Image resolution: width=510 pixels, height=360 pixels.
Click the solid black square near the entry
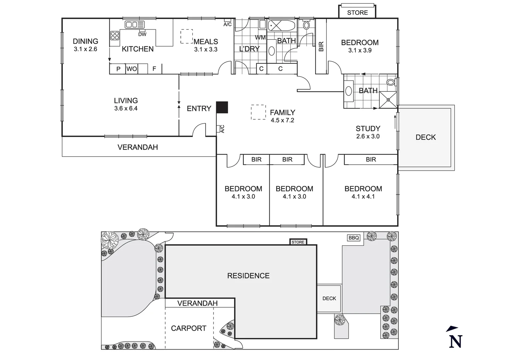point(222,107)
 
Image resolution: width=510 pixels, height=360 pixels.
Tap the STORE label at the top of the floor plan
point(357,13)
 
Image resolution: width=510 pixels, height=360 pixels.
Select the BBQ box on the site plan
point(354,238)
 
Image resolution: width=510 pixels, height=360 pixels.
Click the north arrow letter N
point(455,341)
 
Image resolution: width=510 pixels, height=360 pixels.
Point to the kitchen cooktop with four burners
point(115,35)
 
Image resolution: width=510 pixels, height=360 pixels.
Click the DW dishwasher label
point(142,34)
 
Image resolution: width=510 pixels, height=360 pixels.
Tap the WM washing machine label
point(260,37)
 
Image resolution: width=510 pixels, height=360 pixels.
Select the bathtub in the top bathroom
point(282,25)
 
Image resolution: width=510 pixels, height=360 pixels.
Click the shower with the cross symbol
point(388,99)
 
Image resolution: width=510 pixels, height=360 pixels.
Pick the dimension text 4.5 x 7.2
point(282,120)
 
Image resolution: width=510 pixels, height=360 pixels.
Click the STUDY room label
point(368,128)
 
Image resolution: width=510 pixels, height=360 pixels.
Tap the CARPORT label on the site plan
point(188,328)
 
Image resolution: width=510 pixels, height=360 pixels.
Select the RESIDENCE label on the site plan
point(248,276)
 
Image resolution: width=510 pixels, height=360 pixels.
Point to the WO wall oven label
point(131,69)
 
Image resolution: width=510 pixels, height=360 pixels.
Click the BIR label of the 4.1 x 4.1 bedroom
point(371,160)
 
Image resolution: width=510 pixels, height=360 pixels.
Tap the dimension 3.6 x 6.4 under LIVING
point(125,108)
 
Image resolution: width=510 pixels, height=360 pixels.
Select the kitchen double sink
point(135,25)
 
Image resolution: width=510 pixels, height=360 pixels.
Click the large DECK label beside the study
point(426,137)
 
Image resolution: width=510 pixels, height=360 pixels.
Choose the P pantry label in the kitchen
point(118,69)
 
